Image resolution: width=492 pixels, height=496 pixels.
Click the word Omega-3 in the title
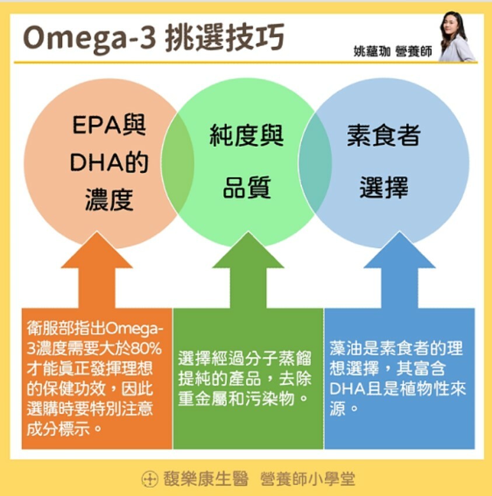click(89, 39)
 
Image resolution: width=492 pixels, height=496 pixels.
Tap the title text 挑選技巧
click(225, 37)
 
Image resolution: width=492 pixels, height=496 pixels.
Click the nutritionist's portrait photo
click(456, 36)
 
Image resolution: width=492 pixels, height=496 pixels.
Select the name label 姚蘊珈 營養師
click(392, 51)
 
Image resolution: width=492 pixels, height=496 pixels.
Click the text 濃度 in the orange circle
click(109, 200)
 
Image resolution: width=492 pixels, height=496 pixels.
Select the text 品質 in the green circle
click(247, 188)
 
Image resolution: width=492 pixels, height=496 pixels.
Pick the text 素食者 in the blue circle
click(383, 136)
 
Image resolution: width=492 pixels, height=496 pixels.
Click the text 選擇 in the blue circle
click(383, 188)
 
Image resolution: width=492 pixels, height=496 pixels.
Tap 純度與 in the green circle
click(246, 136)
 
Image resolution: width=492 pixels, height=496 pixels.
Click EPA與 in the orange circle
click(109, 125)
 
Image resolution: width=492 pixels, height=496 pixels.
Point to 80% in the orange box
click(146, 349)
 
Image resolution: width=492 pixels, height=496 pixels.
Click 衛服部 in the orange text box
click(50, 328)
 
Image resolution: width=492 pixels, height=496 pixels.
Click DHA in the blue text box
click(347, 389)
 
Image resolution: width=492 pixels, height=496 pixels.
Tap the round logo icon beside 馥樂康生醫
click(149, 479)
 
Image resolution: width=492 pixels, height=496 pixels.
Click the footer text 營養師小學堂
click(308, 478)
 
